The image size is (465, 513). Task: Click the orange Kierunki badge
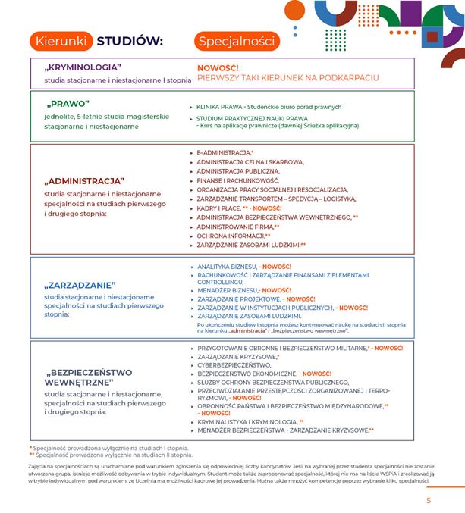[x=61, y=41]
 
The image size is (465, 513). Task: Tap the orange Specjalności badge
[x=235, y=41]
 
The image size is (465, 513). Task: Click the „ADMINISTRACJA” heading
[x=84, y=181]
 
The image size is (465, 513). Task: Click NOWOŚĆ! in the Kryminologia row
[x=218, y=67]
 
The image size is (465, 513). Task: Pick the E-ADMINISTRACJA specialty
[x=224, y=152]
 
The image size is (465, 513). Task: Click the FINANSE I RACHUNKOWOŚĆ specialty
[x=239, y=180]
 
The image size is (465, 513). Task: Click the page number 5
[x=429, y=500]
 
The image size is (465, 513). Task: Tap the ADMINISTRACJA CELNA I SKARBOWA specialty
[x=250, y=161]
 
